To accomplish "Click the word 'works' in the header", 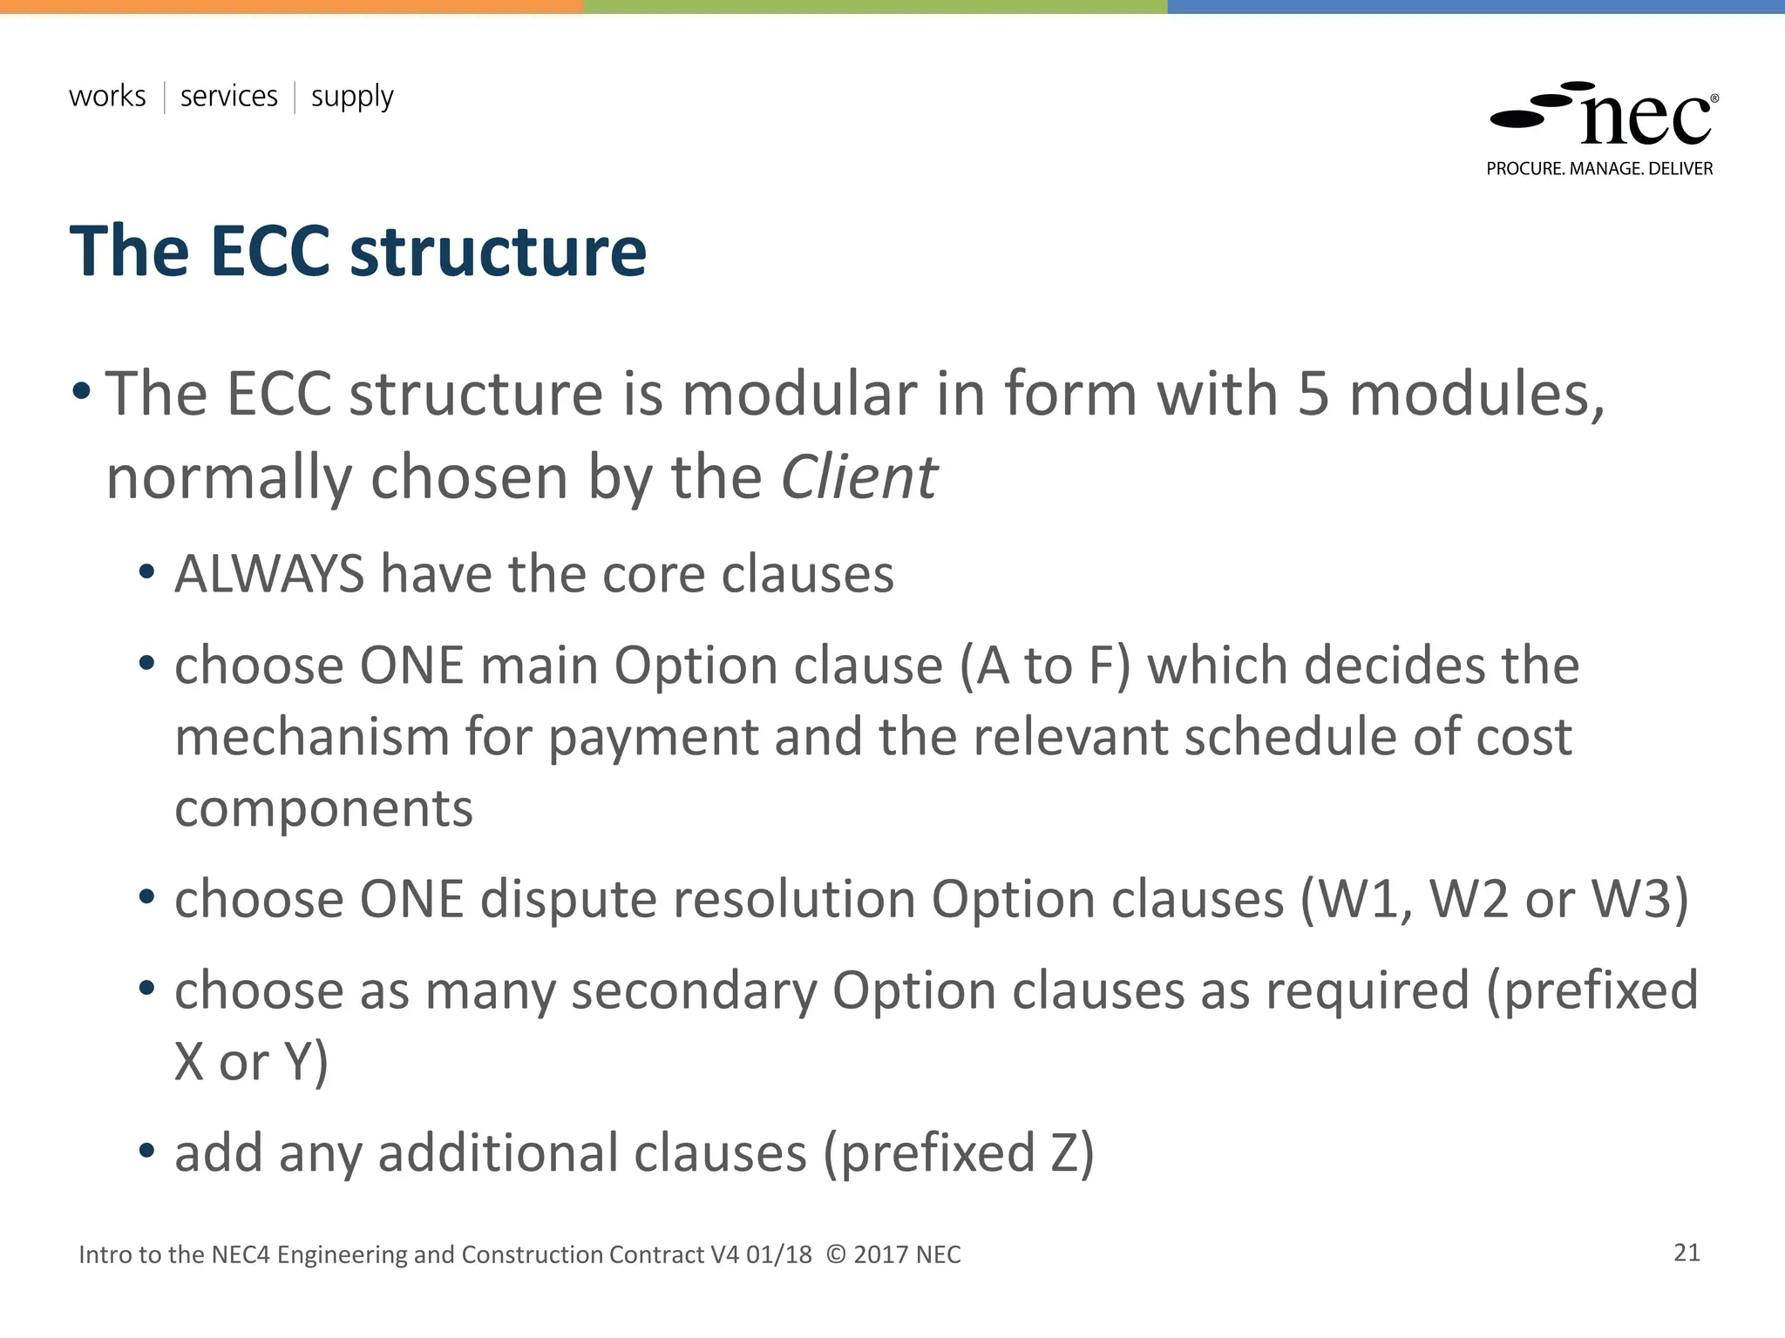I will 107,96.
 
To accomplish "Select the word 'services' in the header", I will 228,96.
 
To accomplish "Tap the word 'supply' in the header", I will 352,98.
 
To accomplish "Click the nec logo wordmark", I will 1645,120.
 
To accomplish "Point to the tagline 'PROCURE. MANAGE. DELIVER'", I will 1599,169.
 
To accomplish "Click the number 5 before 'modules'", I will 1313,394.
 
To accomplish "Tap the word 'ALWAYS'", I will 269,574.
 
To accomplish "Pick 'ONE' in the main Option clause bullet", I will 411,666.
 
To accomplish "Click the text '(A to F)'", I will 1044,666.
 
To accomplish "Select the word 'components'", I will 323,808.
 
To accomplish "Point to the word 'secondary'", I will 694,990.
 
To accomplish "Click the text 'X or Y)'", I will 251,1062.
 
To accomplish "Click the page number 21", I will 1687,1253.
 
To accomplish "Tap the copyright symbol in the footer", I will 836,1254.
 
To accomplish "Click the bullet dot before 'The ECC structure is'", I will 81,391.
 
